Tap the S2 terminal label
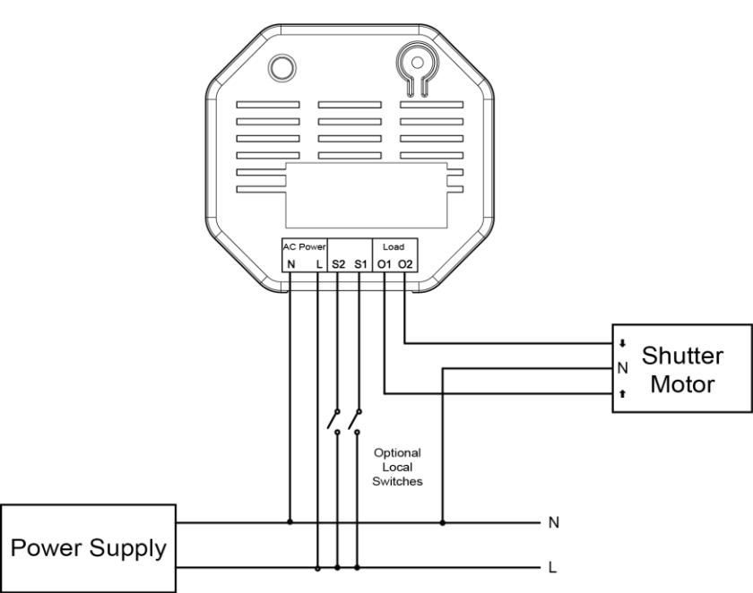click(x=338, y=264)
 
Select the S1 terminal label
click(x=360, y=264)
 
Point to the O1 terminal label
click(x=385, y=264)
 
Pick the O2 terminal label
click(x=405, y=264)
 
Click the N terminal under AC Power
click(x=290, y=264)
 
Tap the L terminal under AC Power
click(x=319, y=264)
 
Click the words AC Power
click(x=304, y=247)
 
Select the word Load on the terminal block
click(x=394, y=246)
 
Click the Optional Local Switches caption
click(x=397, y=467)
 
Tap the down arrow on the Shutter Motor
click(x=622, y=343)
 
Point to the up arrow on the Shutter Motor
click(x=622, y=394)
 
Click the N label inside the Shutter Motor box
click(x=623, y=368)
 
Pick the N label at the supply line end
click(x=554, y=522)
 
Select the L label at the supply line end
click(x=552, y=568)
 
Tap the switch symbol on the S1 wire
click(x=355, y=422)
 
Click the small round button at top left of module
click(x=281, y=67)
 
